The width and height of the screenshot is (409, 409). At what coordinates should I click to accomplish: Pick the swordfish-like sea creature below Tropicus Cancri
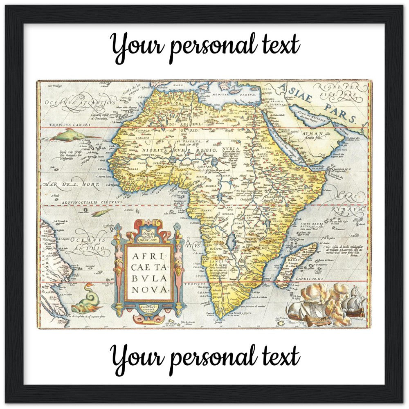[x=70, y=135]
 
